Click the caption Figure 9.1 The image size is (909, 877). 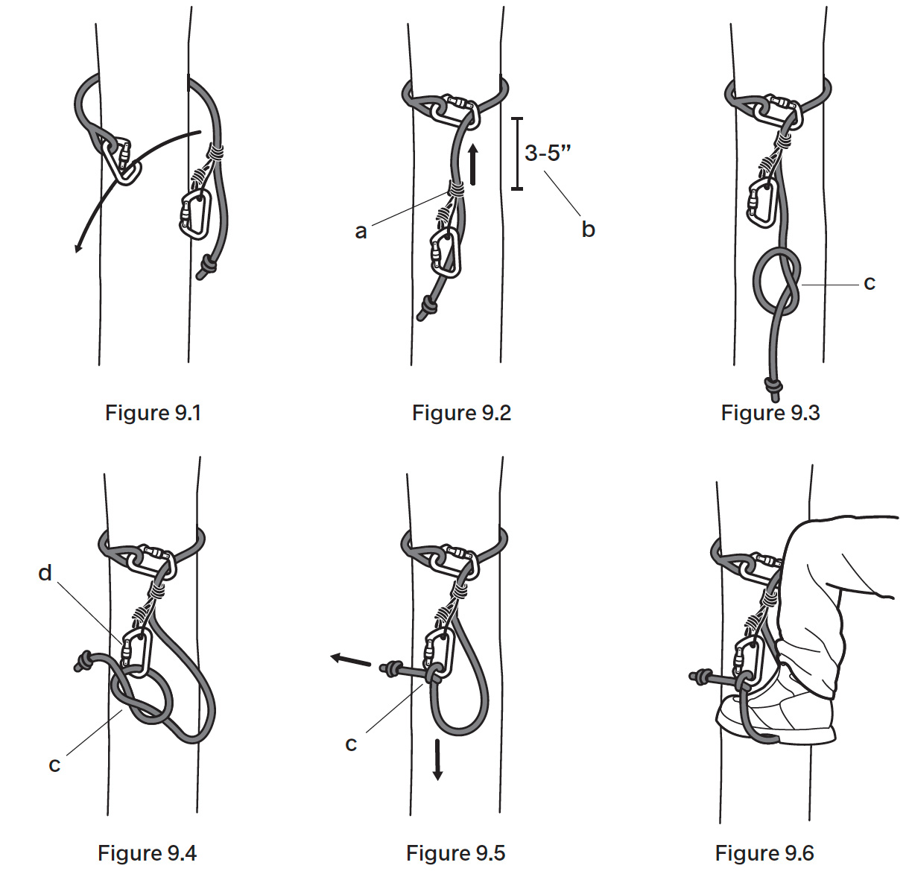point(153,413)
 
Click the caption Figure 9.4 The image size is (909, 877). point(147,853)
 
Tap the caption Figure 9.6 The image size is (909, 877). point(764,853)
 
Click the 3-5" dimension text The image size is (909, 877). point(548,153)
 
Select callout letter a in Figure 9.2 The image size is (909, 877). point(361,232)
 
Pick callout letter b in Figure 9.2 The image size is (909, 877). point(588,229)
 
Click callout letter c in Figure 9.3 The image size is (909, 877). point(869,283)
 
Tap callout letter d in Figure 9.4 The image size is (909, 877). point(45,573)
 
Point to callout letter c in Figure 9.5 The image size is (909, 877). point(351,744)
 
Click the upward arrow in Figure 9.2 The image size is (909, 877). point(473,164)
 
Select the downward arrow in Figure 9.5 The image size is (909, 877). point(438,760)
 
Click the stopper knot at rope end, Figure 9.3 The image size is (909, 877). point(773,387)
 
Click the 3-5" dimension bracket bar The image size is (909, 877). point(516,153)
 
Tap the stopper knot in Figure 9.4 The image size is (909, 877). point(84,660)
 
